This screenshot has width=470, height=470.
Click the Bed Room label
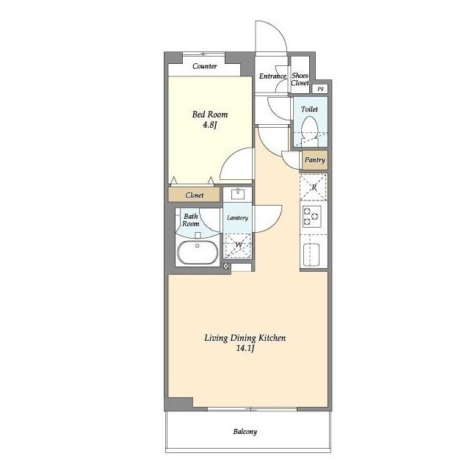(210, 115)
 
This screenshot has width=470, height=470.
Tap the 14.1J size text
(245, 349)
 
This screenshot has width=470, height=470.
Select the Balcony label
(245, 432)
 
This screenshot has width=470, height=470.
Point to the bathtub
(198, 252)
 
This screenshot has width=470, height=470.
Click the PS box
(320, 89)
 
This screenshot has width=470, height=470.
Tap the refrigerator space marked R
(314, 187)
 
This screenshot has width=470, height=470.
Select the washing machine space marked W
(238, 245)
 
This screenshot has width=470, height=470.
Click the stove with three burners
(311, 216)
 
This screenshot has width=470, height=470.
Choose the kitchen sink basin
(311, 255)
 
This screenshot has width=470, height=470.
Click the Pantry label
(315, 160)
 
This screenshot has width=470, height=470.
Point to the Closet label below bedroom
(195, 195)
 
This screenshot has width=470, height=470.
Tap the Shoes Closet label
(300, 79)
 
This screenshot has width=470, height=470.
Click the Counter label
(205, 66)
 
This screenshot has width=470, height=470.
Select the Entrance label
(272, 76)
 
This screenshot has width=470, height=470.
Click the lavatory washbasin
(238, 194)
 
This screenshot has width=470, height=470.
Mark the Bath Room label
(191, 220)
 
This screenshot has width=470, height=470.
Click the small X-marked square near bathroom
(226, 266)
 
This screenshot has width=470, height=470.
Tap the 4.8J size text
(209, 125)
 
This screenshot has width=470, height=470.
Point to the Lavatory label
(237, 218)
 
